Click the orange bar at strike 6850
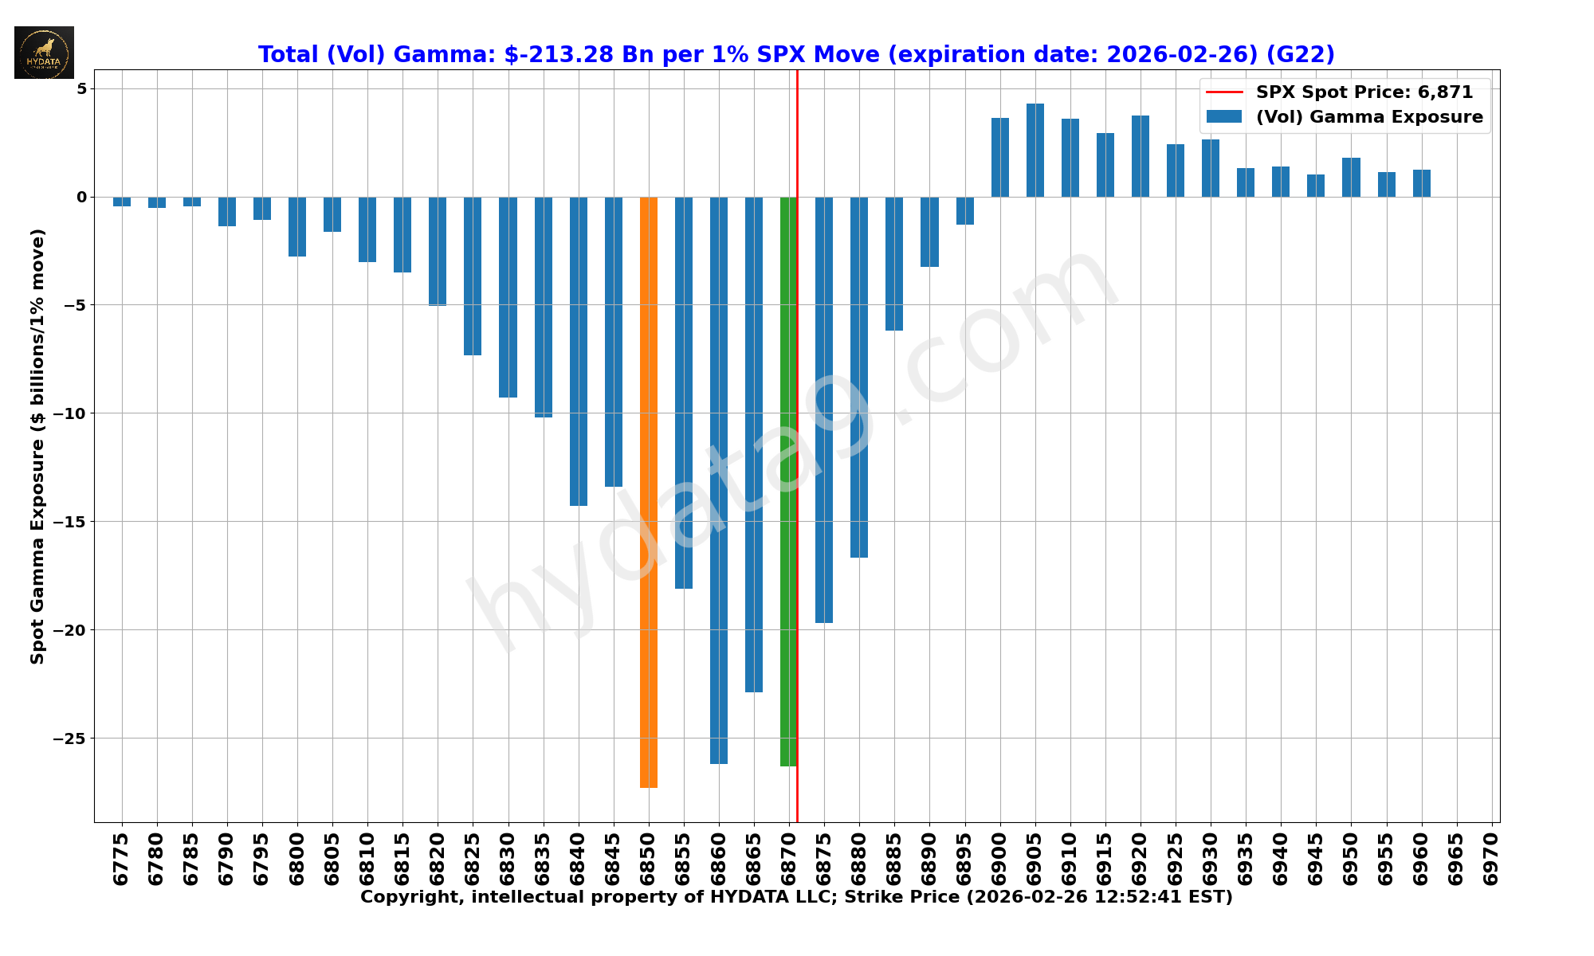pos(649,492)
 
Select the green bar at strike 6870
pos(788,481)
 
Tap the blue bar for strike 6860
pos(719,480)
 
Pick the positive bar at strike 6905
pos(1035,151)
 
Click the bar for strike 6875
pos(824,409)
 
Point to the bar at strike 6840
pos(579,351)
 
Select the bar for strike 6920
pos(1141,156)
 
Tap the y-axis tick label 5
pos(81,88)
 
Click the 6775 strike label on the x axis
pos(121,859)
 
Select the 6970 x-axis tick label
pos(1491,859)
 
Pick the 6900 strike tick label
pos(1000,859)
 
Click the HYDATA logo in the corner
pos(44,53)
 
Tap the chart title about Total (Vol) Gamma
pos(796,55)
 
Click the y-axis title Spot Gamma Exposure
pos(37,446)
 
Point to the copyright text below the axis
pos(796,898)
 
